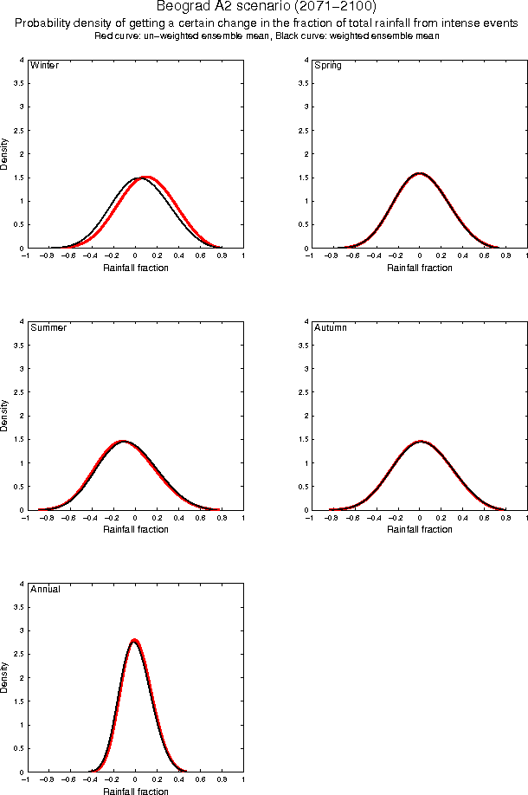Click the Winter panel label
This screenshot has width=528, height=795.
click(x=44, y=66)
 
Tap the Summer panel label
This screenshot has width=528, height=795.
click(x=48, y=328)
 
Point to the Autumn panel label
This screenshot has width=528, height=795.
click(x=330, y=328)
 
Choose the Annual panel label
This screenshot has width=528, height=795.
click(x=45, y=590)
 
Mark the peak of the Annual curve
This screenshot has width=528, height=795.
click(x=134, y=640)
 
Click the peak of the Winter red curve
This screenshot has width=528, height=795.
click(x=147, y=178)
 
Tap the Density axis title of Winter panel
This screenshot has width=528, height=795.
click(x=5, y=153)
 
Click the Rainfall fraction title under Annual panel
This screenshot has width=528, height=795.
click(x=136, y=792)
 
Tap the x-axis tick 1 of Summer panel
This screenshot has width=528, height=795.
click(x=242, y=520)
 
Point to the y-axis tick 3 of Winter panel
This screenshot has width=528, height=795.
click(x=23, y=107)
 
